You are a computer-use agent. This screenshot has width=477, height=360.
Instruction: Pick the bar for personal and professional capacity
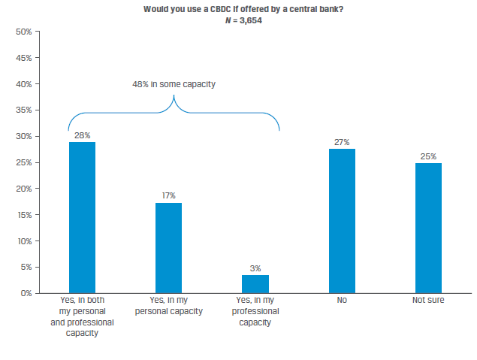pyautogui.click(x=82, y=217)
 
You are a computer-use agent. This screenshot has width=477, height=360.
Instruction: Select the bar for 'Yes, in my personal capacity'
pyautogui.click(x=168, y=247)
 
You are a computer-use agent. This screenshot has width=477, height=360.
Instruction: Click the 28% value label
pyautogui.click(x=82, y=135)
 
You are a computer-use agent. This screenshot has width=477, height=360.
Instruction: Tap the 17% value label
pyautogui.click(x=168, y=196)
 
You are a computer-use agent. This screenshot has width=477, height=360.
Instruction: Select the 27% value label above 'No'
pyautogui.click(x=342, y=142)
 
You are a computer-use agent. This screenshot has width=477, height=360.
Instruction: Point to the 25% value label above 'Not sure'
pyautogui.click(x=428, y=156)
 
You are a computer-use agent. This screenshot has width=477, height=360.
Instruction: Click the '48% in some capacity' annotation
pyautogui.click(x=174, y=84)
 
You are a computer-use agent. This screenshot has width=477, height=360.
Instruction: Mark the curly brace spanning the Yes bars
pyautogui.click(x=174, y=113)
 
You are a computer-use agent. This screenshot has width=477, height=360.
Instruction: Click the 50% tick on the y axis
pyautogui.click(x=23, y=32)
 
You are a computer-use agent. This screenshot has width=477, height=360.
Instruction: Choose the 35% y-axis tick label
pyautogui.click(x=23, y=110)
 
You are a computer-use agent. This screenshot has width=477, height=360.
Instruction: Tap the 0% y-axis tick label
pyautogui.click(x=25, y=293)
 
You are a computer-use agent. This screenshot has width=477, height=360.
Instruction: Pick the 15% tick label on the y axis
pyautogui.click(x=23, y=215)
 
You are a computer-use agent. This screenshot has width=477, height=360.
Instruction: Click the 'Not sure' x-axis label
pyautogui.click(x=428, y=301)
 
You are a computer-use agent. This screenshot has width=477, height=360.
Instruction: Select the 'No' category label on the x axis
pyautogui.click(x=342, y=301)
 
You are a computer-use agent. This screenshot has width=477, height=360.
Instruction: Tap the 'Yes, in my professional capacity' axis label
pyautogui.click(x=255, y=311)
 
